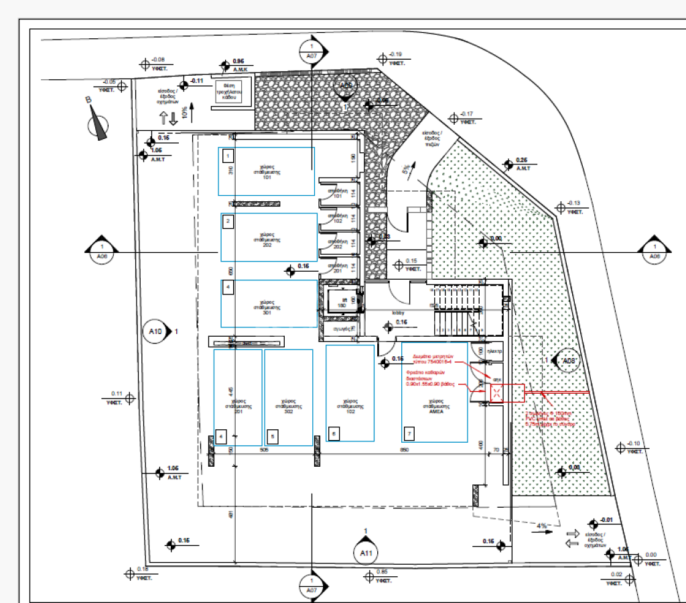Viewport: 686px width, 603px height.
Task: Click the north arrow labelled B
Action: coord(99,125)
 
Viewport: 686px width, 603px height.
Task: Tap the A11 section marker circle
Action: coord(365,553)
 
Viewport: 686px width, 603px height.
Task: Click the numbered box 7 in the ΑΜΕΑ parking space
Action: coord(410,434)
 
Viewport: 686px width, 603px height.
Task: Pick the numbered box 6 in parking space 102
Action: coord(334,434)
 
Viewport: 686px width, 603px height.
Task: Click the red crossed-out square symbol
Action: coord(497,393)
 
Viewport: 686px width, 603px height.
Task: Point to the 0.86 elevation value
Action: coord(238,62)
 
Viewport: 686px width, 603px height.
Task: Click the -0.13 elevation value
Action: coord(573,203)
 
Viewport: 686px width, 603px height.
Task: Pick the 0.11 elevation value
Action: coord(116,394)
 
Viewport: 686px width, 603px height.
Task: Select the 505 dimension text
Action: coord(264,451)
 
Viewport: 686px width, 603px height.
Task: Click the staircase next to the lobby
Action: coord(456,311)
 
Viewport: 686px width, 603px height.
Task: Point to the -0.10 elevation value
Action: coord(634,443)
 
